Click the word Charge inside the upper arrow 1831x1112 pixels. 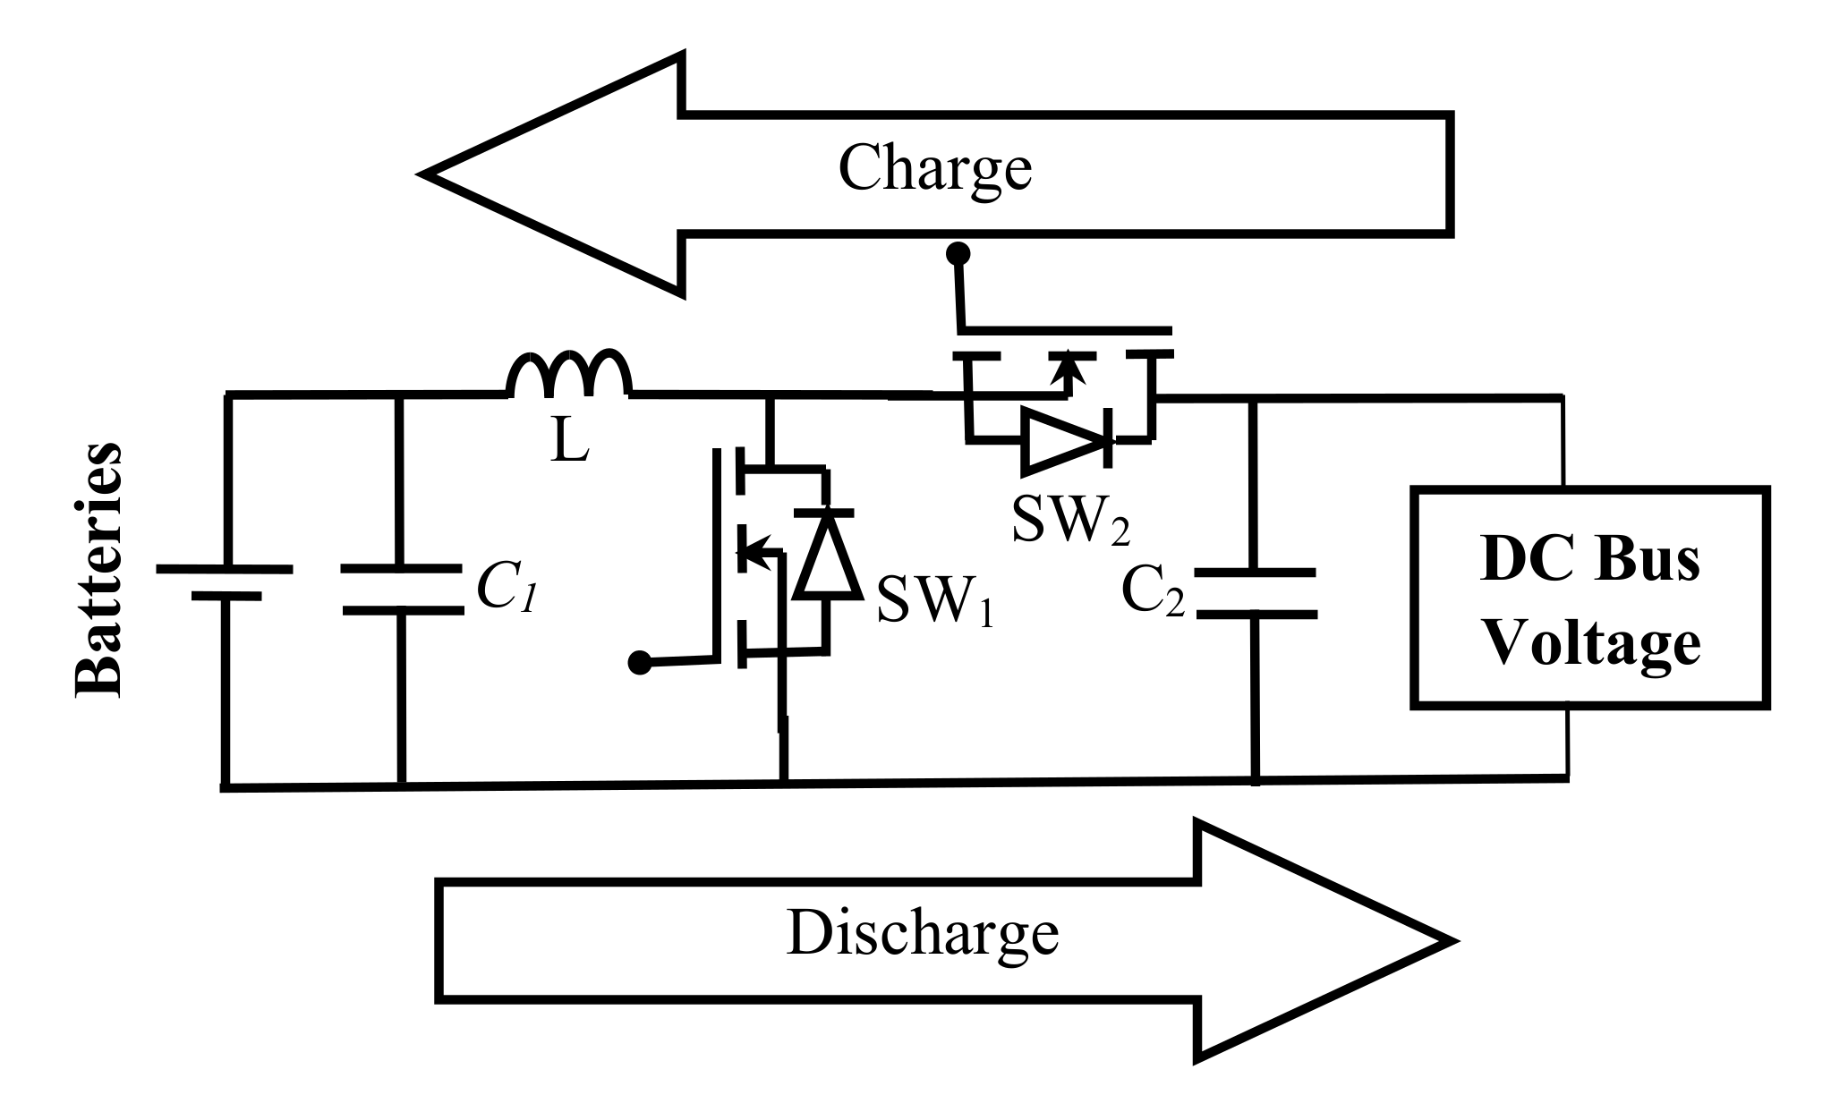(x=934, y=167)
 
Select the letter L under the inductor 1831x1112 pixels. (x=569, y=441)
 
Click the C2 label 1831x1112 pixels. (x=1153, y=591)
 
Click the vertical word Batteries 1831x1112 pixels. (x=97, y=569)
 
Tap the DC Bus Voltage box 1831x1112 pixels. (x=1589, y=598)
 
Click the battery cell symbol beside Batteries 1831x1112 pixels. (x=224, y=581)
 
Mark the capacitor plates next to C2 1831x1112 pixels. (x=1256, y=592)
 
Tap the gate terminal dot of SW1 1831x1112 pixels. (x=639, y=663)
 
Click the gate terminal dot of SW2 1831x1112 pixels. (x=958, y=254)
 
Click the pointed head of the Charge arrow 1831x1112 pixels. (x=501, y=174)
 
